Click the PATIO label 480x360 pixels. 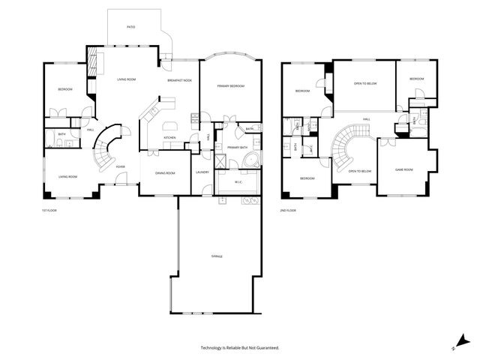pyautogui.click(x=130, y=26)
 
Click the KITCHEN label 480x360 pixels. pyautogui.click(x=170, y=137)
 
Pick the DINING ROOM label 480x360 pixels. pyautogui.click(x=165, y=173)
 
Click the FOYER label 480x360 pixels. pyautogui.click(x=120, y=166)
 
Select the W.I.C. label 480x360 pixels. pyautogui.click(x=237, y=181)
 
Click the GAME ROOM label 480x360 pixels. pyautogui.click(x=406, y=169)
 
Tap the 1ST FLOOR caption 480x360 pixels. pyautogui.click(x=49, y=211)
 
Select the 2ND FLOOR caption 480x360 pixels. pyautogui.click(x=288, y=211)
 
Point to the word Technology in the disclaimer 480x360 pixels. pyautogui.click(x=214, y=348)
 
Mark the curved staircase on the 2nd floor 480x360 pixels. pyautogui.click(x=344, y=146)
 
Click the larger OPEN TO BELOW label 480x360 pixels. pyautogui.click(x=364, y=83)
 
